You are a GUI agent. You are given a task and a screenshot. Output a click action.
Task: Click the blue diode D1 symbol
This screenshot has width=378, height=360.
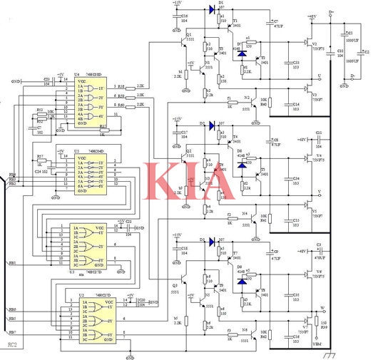pos(210,10)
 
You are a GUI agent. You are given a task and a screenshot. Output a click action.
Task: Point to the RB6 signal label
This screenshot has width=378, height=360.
pos(12,310)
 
